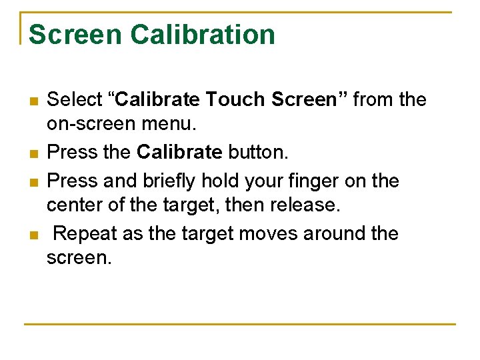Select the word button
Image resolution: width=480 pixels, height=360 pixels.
click(x=258, y=153)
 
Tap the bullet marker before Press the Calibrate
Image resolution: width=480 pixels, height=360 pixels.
click(x=33, y=154)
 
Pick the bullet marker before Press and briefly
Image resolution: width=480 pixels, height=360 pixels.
click(x=33, y=182)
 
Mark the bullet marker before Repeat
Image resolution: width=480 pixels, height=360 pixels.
click(x=33, y=235)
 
